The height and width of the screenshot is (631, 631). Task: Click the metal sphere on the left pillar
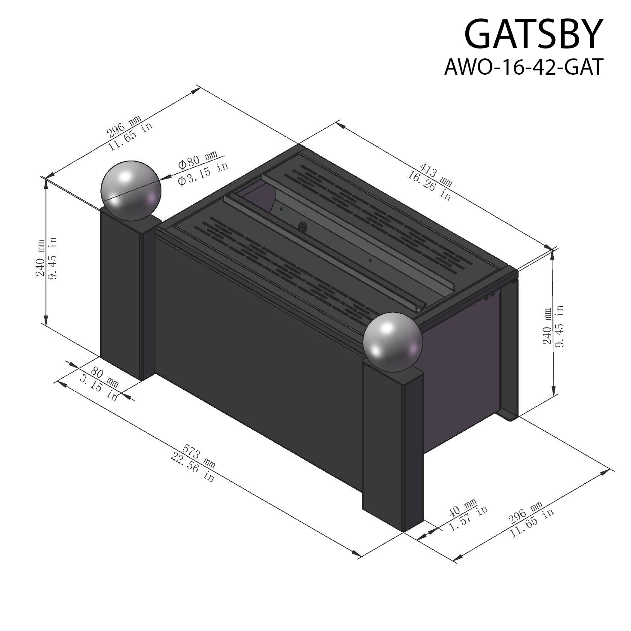tap(130, 191)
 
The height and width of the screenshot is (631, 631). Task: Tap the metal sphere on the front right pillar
tap(392, 342)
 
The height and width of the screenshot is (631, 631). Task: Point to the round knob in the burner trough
tap(303, 227)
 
